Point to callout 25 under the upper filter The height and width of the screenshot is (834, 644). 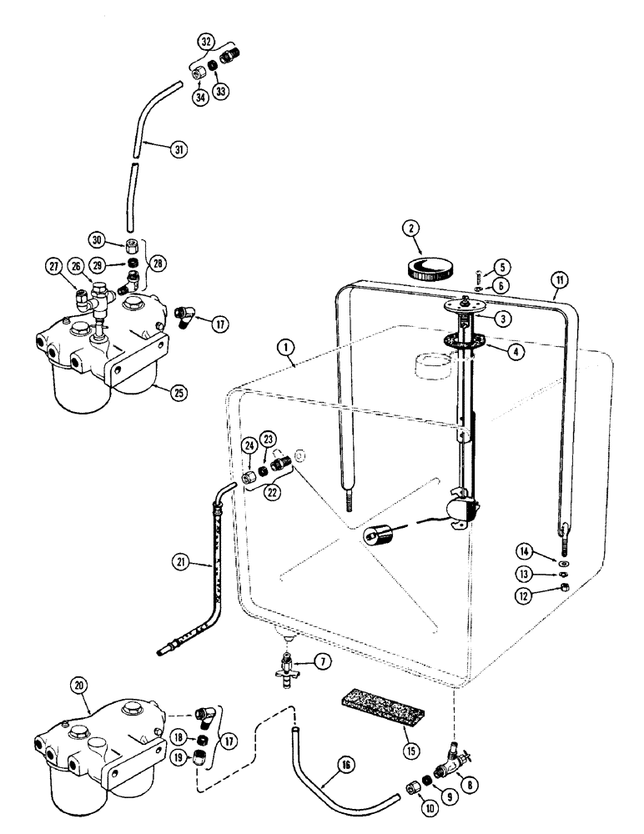[177, 391]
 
